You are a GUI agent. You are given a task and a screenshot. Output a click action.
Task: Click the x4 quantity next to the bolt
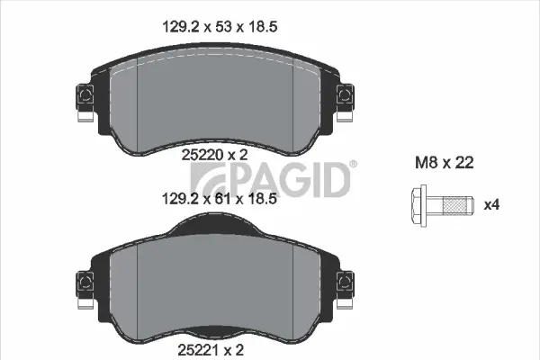tap(491, 205)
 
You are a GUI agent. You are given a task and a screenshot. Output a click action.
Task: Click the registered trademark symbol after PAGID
tap(353, 164)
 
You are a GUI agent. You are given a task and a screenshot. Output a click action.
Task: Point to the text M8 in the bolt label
tap(424, 164)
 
